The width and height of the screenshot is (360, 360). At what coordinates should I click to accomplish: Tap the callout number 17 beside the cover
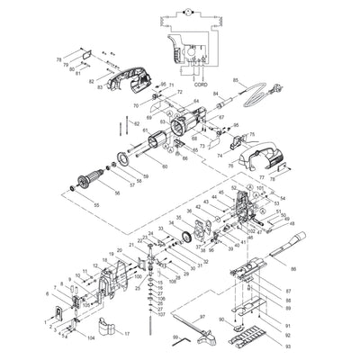click(127, 333)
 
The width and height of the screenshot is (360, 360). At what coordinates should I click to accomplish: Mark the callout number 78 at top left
click(59, 59)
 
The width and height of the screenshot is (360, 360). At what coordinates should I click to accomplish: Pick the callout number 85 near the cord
click(236, 81)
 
